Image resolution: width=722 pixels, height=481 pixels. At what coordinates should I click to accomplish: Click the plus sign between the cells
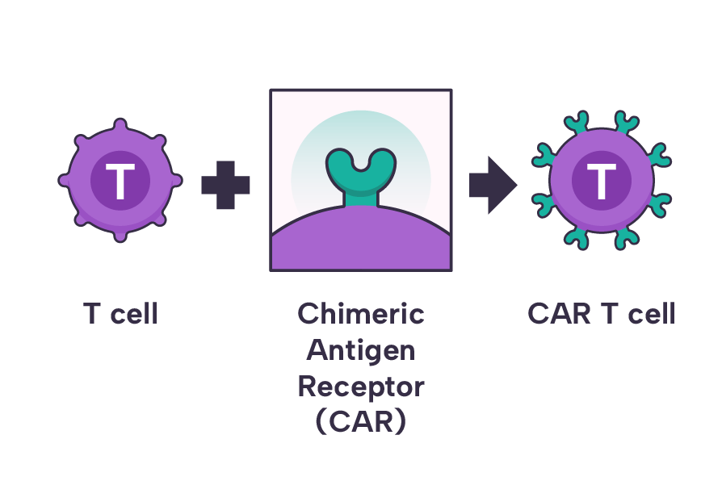pos(225,186)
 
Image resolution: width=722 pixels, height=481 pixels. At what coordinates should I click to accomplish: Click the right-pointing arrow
pos(492,186)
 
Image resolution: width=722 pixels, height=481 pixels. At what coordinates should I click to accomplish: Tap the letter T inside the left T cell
pos(120,182)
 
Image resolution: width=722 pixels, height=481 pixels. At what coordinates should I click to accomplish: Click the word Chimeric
pos(360,313)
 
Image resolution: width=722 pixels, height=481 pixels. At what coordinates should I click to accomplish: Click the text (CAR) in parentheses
pos(360,422)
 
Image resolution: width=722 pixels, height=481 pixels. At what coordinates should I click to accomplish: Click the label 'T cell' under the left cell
pos(120,313)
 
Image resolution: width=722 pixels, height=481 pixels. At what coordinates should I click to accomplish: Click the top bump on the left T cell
pos(120,124)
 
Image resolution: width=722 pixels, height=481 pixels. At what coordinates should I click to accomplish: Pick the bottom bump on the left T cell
pos(120,235)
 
